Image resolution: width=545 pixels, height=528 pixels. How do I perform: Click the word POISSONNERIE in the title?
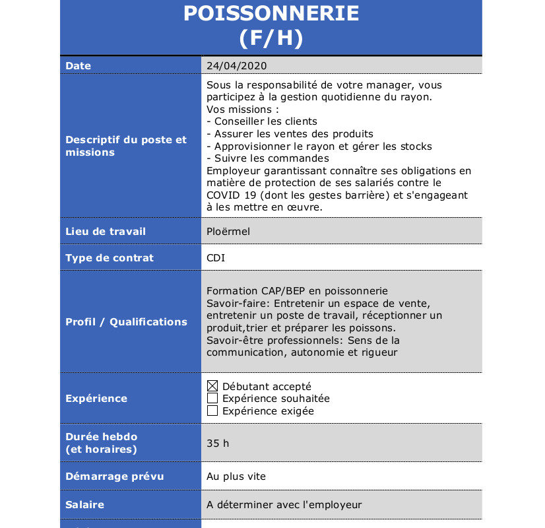tap(271, 13)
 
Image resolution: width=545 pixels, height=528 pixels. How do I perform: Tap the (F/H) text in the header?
tap(271, 38)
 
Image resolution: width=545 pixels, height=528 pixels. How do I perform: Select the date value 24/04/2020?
tap(236, 66)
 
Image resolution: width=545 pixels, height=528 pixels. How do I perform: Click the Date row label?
tap(79, 66)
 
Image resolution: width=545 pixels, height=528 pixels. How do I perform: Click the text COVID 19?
tap(228, 195)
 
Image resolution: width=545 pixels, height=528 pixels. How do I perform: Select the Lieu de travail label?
tap(106, 232)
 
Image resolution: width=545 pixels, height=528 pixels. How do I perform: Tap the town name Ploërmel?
tap(228, 232)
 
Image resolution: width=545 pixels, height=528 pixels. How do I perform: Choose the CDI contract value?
tap(216, 258)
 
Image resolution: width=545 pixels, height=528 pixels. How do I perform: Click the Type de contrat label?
tap(110, 258)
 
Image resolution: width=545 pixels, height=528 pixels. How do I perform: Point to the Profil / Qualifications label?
tap(126, 322)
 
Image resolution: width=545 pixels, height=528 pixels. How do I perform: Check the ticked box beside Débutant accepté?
tap(212, 386)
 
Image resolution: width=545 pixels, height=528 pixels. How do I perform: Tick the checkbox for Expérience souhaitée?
tap(212, 399)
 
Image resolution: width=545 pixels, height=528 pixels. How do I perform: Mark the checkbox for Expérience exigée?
tap(212, 411)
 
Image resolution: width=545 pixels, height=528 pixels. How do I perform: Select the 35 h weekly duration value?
tap(218, 444)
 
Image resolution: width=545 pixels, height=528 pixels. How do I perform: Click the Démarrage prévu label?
tap(115, 477)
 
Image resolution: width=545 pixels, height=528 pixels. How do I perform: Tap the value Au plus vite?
tap(236, 477)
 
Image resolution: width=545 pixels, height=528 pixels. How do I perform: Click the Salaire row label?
tap(85, 505)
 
